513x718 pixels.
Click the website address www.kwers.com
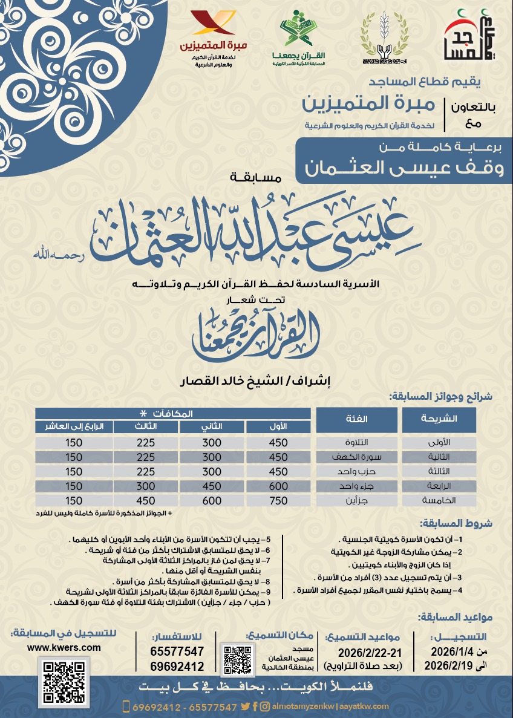pos(64,647)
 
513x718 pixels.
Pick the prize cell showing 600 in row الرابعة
pos(278,486)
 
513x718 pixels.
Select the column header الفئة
pos(357,419)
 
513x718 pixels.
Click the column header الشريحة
pos(447,419)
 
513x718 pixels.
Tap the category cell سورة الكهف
pos(357,457)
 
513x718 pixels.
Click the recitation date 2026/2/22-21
pos(368,652)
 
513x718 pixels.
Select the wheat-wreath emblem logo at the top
pos(385,39)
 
